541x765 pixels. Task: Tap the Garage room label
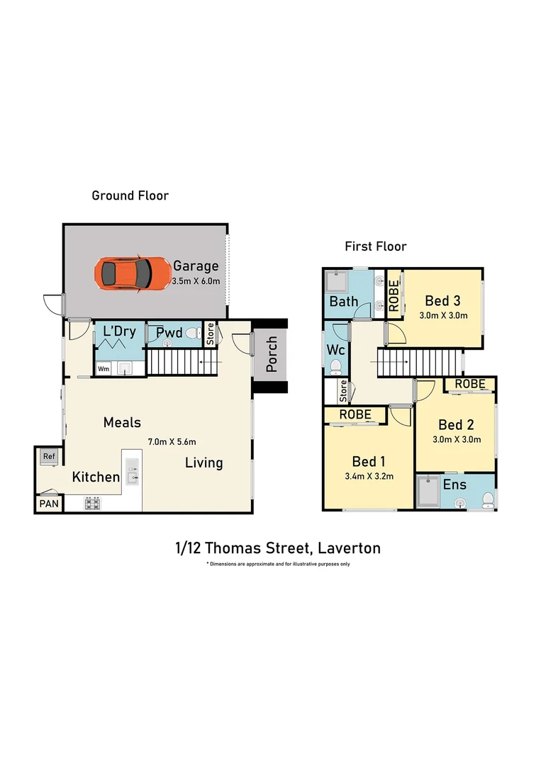pos(196,266)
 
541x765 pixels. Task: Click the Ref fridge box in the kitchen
pos(49,457)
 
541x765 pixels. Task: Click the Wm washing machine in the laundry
pos(104,368)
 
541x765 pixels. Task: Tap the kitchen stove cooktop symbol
pos(92,504)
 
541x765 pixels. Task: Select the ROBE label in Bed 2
pos(470,384)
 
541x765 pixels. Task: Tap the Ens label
pos(454,485)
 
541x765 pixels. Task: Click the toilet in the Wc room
pos(335,366)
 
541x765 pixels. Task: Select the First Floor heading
pos(375,246)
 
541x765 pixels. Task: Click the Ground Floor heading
pos(130,195)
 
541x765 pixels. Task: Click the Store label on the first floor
pos(343,390)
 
